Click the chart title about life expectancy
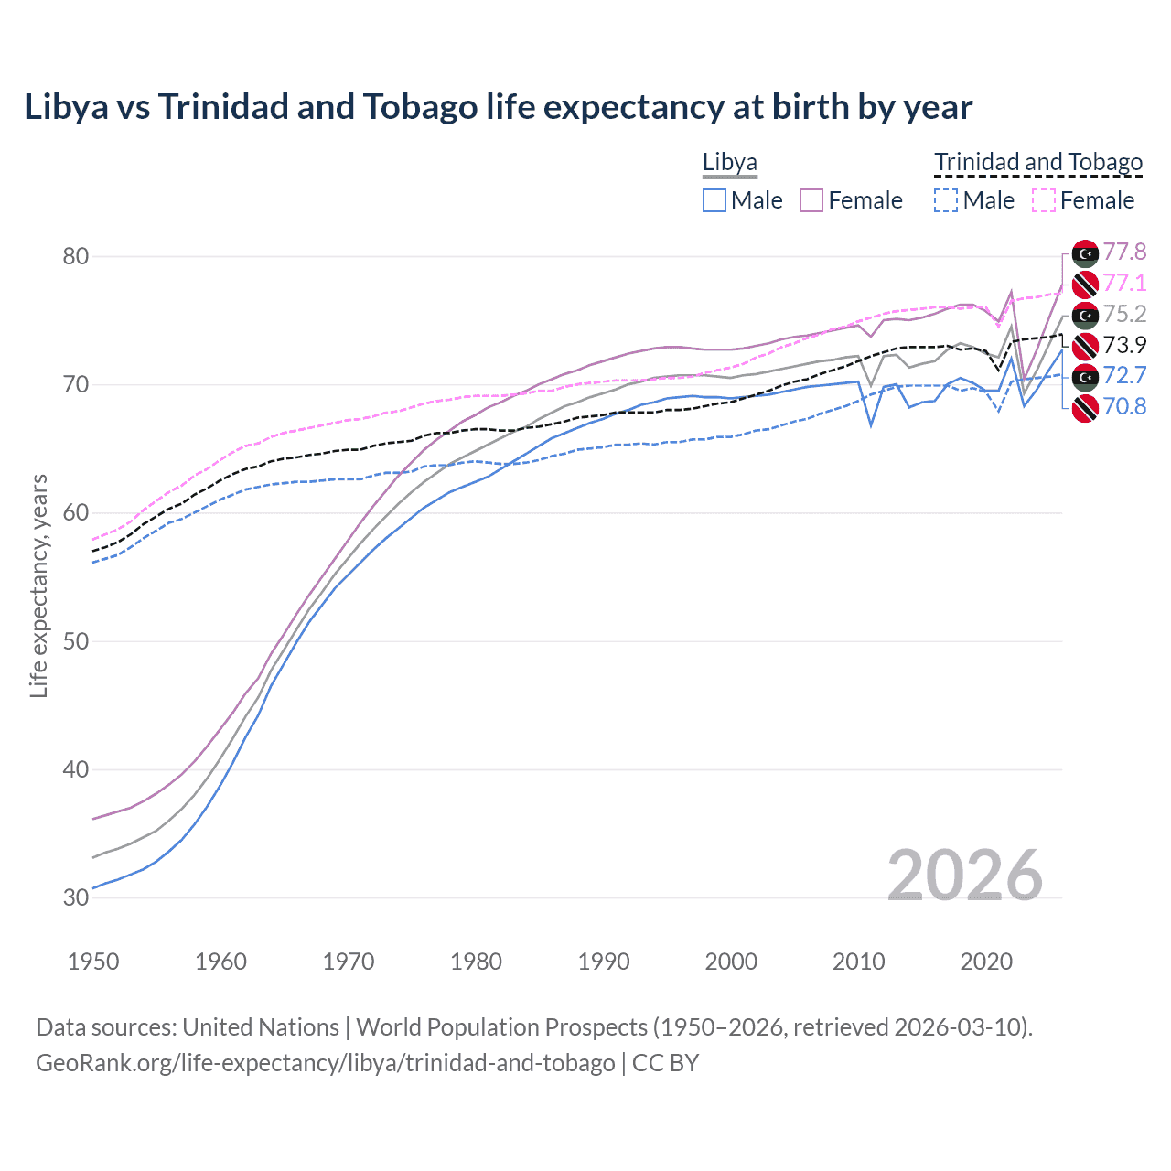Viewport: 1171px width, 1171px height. pos(498,107)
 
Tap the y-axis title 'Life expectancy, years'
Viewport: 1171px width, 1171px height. pos(38,585)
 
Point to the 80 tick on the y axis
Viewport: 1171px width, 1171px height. pos(76,256)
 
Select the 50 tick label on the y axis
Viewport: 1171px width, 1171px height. pos(76,641)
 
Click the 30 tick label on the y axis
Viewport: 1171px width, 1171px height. pos(76,897)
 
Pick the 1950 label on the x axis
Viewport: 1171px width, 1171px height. pos(93,962)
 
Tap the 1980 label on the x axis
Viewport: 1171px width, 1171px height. pos(476,962)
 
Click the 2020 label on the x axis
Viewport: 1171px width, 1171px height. pos(986,962)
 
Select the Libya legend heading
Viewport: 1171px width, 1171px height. pos(729,162)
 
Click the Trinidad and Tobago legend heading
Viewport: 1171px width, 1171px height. pos(1038,162)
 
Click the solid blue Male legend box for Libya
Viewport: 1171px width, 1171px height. pos(714,200)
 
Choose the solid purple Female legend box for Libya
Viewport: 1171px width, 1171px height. pos(811,200)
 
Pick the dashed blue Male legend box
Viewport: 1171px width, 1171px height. pos(946,200)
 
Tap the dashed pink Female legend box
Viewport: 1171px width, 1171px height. pos(1043,200)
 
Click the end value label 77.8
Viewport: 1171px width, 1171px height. pos(1124,252)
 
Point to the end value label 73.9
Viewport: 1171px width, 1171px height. pos(1124,345)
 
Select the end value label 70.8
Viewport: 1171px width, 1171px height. pos(1124,406)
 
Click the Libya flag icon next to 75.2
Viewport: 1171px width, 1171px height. pos(1085,315)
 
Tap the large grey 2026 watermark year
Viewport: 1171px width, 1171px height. pos(964,876)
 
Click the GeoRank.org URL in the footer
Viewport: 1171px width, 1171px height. pos(325,1063)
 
